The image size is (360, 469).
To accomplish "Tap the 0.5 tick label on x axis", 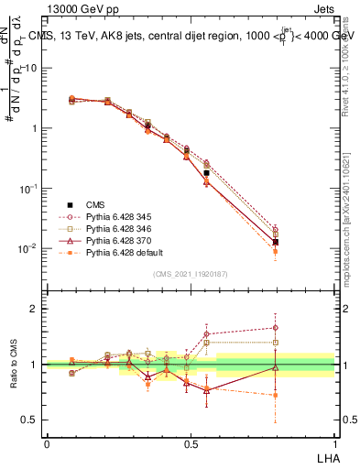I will (x=191, y=442).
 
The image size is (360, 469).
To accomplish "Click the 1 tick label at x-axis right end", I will (x=334, y=442).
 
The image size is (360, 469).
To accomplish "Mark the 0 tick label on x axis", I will (x=47, y=442).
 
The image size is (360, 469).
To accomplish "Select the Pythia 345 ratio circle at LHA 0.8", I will (x=276, y=328).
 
